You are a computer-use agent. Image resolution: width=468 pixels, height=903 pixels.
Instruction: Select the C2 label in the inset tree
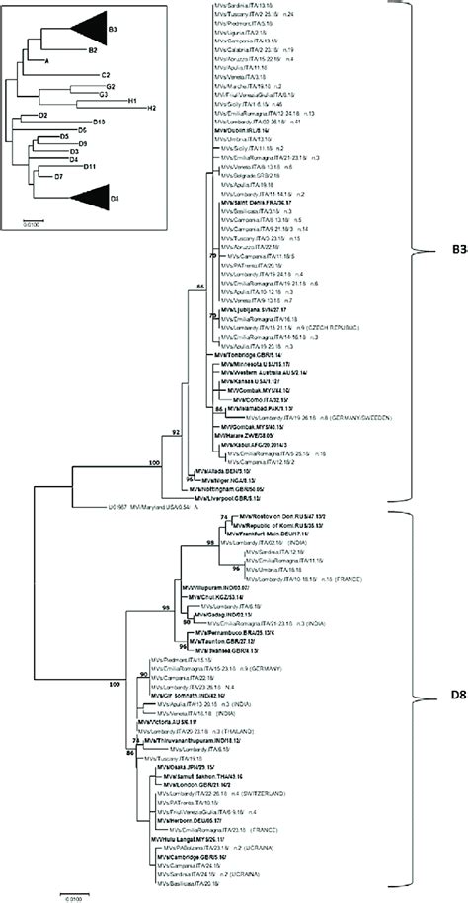tap(105, 74)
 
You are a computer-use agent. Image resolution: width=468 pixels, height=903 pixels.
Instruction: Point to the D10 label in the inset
tap(100, 121)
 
